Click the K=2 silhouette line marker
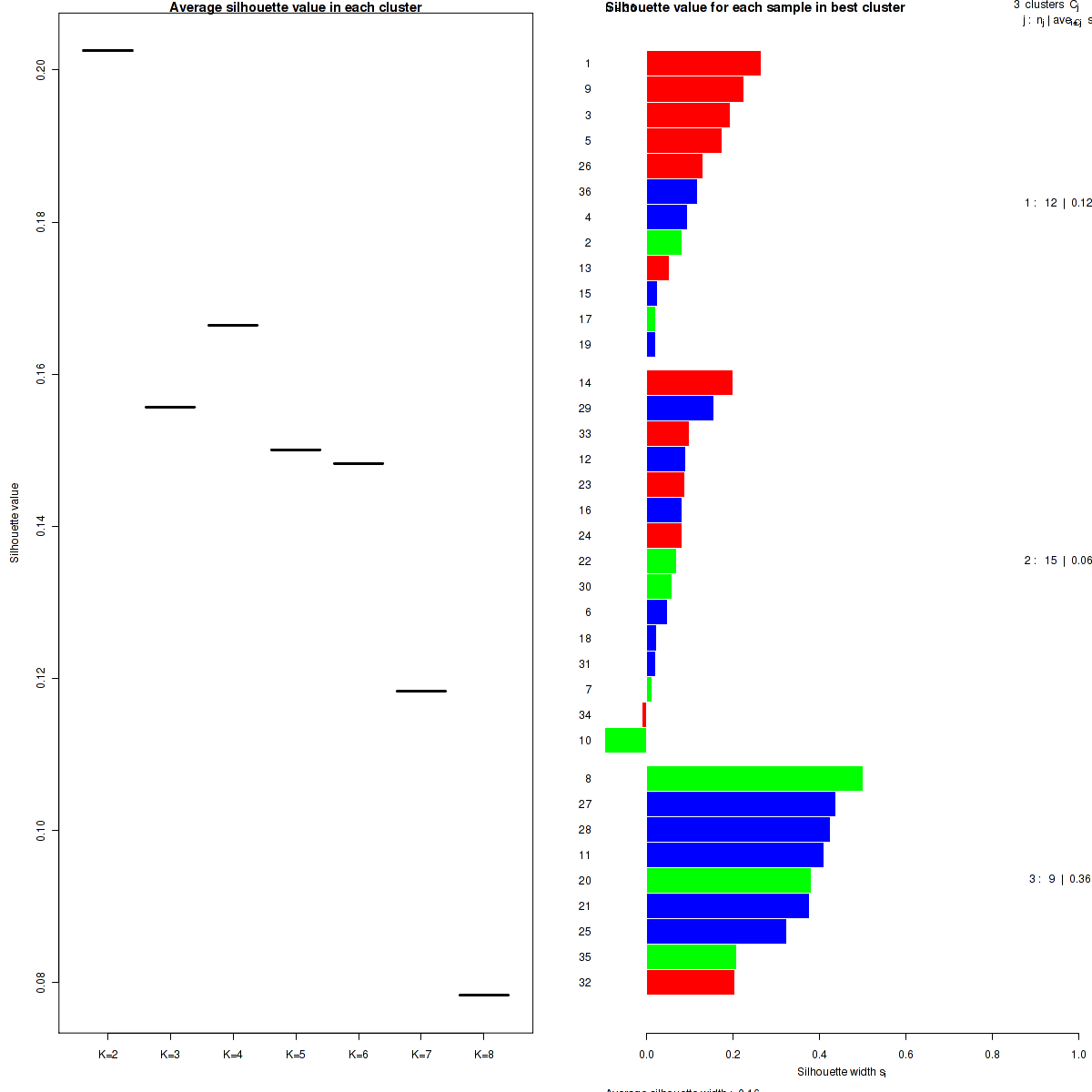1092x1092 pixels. (107, 50)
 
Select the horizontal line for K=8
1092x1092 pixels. (483, 995)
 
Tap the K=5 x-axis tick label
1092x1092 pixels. (296, 1055)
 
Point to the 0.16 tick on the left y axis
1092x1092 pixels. (42, 374)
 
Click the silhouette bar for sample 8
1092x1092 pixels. (754, 779)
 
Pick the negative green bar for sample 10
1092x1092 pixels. (625, 741)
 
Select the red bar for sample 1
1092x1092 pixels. (703, 63)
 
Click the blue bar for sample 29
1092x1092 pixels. (680, 408)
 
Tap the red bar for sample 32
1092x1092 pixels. (690, 983)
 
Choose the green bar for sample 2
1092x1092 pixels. (663, 242)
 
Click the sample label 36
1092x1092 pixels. (585, 192)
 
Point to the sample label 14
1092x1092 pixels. (585, 383)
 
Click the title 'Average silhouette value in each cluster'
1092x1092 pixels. (296, 8)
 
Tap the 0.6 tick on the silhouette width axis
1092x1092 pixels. (905, 1055)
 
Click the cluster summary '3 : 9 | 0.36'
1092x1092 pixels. (1059, 879)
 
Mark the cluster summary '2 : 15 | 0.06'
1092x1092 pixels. (1057, 561)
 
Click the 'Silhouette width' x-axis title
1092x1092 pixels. (841, 1072)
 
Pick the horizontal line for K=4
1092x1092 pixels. (233, 325)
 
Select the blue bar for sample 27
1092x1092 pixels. (741, 804)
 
